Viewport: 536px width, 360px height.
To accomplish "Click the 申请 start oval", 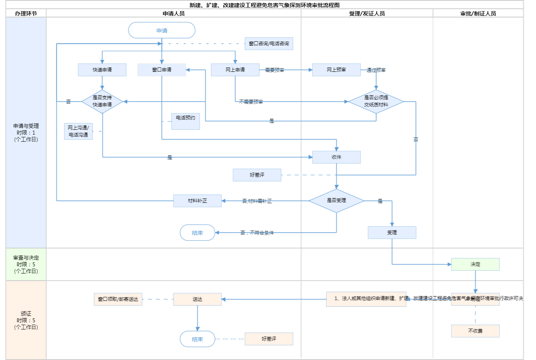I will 162,31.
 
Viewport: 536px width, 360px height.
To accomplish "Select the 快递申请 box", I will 102,70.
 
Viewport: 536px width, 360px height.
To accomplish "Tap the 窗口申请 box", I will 162,70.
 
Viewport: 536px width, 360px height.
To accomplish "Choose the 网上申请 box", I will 235,70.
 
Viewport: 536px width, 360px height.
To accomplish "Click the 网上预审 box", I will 336,70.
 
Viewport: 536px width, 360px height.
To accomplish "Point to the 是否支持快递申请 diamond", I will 102,101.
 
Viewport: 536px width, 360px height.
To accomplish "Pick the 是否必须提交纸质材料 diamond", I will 376,101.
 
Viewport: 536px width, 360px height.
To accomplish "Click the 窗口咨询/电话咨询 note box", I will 269,44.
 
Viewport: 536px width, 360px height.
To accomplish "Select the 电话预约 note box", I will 185,121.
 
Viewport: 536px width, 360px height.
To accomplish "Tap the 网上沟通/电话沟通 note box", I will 78,131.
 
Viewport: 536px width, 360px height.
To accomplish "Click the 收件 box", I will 336,157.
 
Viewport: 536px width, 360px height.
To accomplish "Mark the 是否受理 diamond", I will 336,200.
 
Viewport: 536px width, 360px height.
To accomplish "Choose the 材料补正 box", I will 197,201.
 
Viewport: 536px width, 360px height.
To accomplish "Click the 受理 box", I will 392,233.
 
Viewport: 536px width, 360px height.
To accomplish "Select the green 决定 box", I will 475,264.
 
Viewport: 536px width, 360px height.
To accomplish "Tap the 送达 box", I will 197,299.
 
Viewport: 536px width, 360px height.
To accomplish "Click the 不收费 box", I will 475,331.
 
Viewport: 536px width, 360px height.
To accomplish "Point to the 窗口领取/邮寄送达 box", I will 118,299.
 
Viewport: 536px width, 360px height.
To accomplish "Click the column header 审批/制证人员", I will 478,13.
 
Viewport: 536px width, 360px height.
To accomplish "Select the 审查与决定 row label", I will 26,264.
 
